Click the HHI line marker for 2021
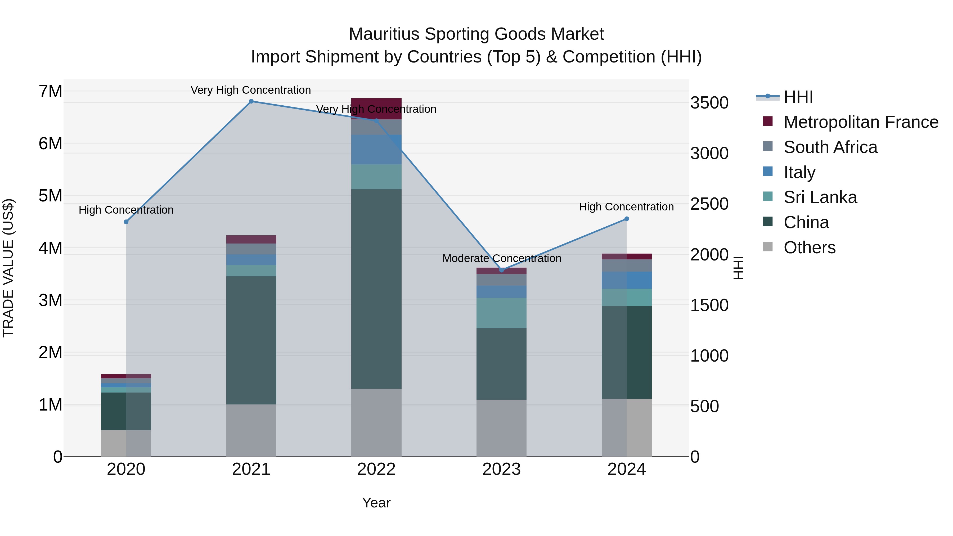[251, 101]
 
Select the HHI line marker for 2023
[502, 270]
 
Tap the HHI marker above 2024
[627, 219]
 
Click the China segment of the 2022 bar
[376, 289]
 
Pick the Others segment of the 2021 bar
[251, 430]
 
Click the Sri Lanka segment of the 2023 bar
[501, 313]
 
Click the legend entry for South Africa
[830, 147]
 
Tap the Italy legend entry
[799, 172]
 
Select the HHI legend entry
[798, 97]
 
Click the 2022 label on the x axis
[376, 469]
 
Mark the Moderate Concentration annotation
[502, 258]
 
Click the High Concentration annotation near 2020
[126, 210]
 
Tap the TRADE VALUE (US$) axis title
[8, 268]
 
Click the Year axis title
[376, 503]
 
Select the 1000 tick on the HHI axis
[709, 355]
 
